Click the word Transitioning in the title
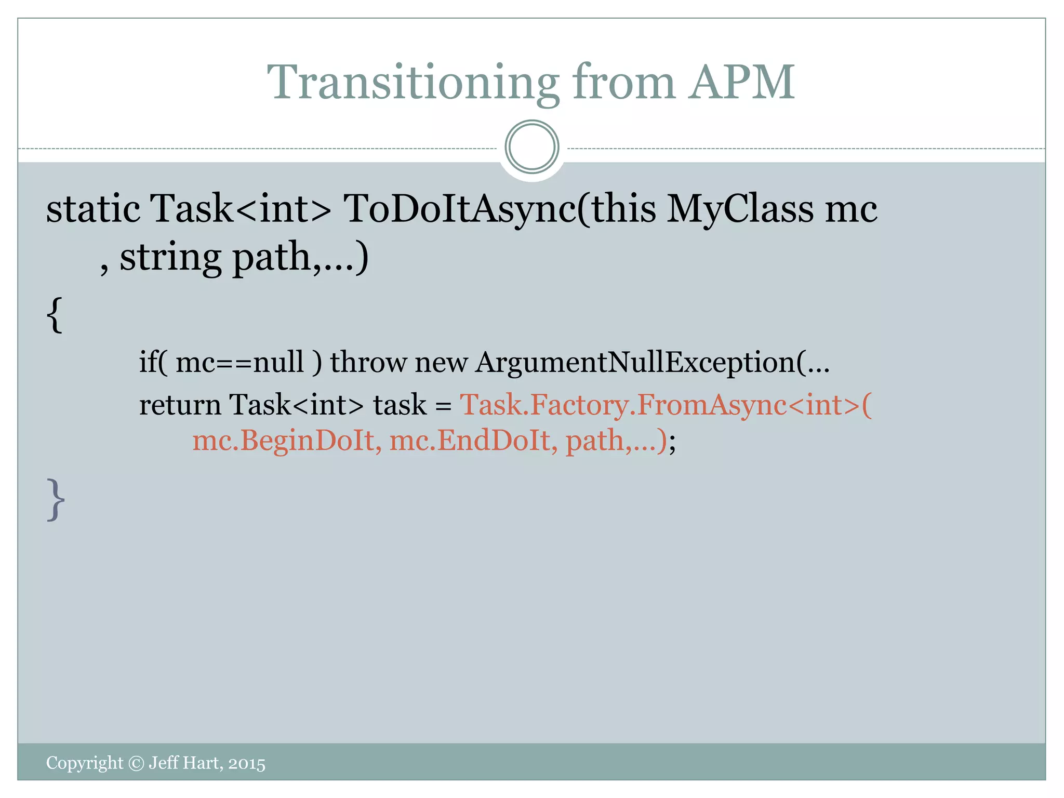413,82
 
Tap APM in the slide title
742,82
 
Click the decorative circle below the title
531,147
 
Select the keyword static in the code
93,209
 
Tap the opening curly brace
55,314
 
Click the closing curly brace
56,499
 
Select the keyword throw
368,362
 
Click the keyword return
180,405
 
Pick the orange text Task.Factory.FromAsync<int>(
666,405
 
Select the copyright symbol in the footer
136,763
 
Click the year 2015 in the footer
247,763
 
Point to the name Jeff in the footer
164,763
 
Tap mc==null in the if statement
240,362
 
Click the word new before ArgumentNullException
441,362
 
